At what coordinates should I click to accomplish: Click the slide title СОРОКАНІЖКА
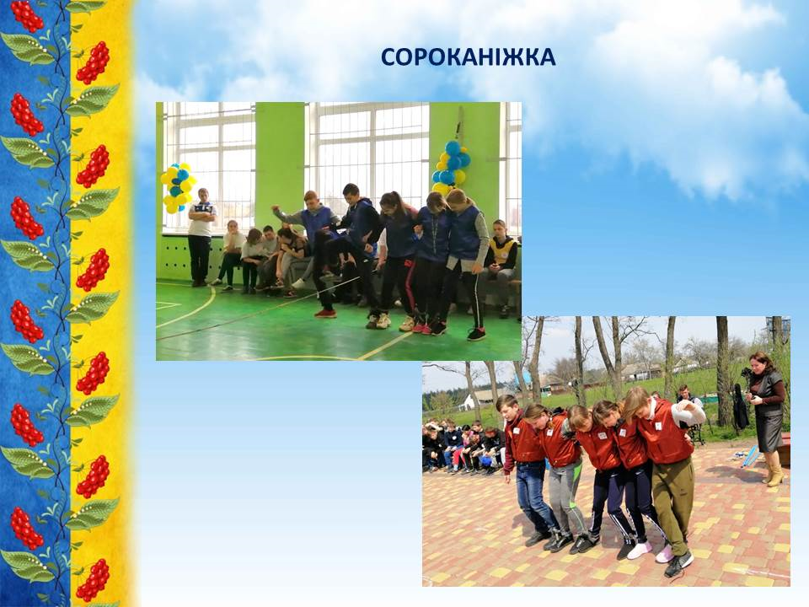(x=468, y=57)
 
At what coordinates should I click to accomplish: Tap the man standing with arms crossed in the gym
(x=201, y=236)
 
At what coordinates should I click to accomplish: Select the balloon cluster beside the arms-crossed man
(x=178, y=188)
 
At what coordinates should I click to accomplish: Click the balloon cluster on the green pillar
(x=450, y=166)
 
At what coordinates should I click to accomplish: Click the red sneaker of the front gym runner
(x=325, y=314)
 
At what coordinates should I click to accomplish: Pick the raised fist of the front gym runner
(x=276, y=209)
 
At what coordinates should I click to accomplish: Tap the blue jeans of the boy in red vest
(x=534, y=497)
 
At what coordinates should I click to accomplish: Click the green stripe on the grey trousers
(x=576, y=491)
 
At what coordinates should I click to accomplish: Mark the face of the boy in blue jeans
(x=506, y=406)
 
